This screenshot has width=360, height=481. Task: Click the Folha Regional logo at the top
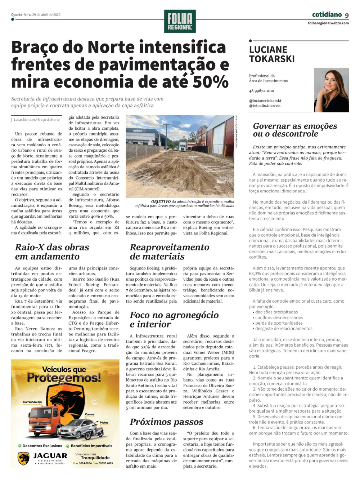click(180, 21)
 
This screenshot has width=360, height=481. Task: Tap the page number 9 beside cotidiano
click(347, 15)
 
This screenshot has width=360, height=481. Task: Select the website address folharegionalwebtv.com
click(328, 23)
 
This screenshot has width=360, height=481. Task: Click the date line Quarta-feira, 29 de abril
click(36, 15)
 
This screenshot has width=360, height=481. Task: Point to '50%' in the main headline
click(211, 82)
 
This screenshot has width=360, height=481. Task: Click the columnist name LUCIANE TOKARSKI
click(272, 54)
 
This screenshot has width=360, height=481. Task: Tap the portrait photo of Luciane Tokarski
click(331, 90)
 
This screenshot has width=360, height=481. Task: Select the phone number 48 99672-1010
click(261, 91)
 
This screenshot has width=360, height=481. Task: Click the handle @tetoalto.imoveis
click(265, 106)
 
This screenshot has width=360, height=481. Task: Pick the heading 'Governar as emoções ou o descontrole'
click(295, 130)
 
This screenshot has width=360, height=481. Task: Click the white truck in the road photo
click(183, 146)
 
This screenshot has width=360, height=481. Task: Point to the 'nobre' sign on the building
click(140, 130)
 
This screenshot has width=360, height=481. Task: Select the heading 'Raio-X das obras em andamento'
click(52, 252)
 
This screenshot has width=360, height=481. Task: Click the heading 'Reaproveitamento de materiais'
click(169, 252)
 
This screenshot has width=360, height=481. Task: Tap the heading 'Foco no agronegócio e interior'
click(174, 320)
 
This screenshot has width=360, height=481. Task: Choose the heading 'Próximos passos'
click(166, 422)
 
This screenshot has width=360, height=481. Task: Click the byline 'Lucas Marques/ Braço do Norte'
click(36, 120)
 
